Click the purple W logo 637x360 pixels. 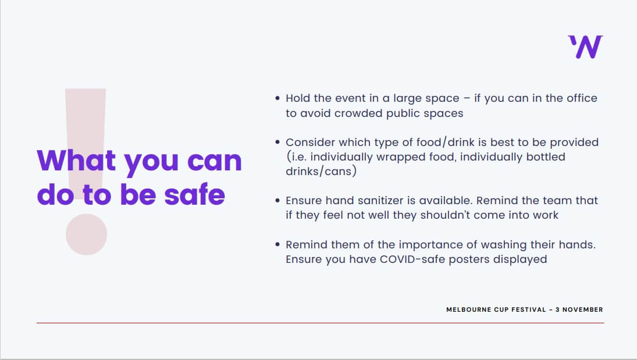585,47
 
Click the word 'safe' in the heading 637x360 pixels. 195,194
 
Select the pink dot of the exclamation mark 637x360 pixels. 87,234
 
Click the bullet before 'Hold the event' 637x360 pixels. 277,98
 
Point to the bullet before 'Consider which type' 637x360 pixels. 277,142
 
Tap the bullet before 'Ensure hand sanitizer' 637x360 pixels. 277,200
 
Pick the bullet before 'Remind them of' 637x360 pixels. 277,245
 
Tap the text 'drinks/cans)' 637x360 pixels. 321,171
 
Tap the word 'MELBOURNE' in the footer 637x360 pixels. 469,309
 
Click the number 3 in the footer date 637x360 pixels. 557,309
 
